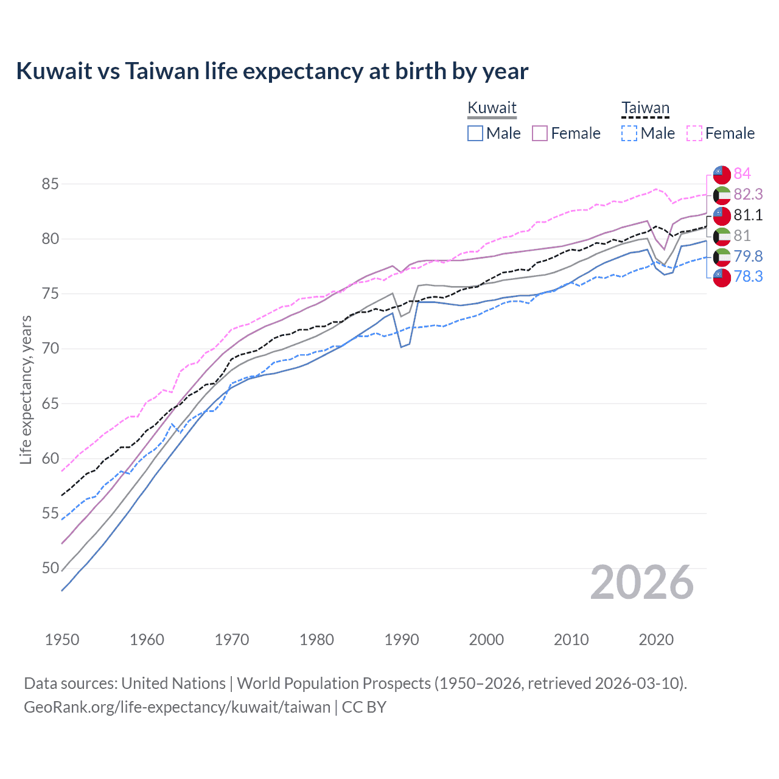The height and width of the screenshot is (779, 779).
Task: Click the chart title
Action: (272, 71)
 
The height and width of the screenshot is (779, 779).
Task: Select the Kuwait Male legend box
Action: (475, 133)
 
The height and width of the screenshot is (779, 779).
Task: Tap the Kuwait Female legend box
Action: (540, 133)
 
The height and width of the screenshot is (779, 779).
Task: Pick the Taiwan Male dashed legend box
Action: (629, 133)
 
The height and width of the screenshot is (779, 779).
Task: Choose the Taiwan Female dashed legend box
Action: (694, 133)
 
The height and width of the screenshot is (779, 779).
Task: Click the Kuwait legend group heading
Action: (492, 108)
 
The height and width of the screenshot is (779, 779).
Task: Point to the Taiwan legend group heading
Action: (645, 108)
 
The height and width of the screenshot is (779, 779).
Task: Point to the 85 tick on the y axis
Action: (51, 184)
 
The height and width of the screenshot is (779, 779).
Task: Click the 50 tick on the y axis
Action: (51, 568)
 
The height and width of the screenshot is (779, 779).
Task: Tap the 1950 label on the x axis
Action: (62, 640)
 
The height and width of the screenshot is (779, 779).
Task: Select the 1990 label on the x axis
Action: (402, 640)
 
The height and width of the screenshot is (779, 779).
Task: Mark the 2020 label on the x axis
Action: (656, 640)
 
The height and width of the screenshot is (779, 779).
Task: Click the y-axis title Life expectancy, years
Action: (26, 389)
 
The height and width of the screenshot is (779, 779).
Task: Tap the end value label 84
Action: (742, 173)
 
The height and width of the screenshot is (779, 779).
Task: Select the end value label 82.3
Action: (748, 194)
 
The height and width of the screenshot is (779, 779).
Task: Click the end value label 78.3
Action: (748, 277)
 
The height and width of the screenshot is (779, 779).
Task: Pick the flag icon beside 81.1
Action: (722, 215)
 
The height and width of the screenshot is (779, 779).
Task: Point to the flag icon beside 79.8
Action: (722, 256)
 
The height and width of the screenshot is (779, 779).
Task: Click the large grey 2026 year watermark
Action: (642, 582)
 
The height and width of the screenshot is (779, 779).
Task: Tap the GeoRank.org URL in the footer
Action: (177, 707)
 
